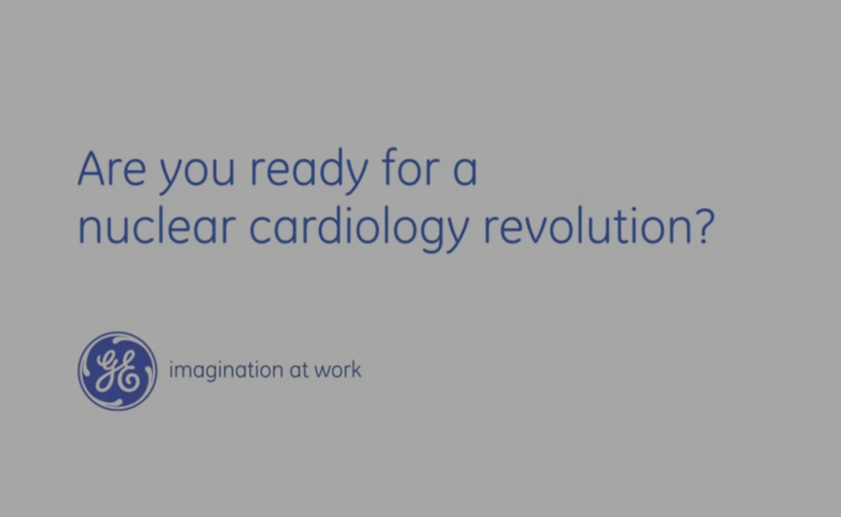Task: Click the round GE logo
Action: (118, 371)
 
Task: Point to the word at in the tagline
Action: (299, 370)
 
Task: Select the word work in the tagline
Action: (338, 370)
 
